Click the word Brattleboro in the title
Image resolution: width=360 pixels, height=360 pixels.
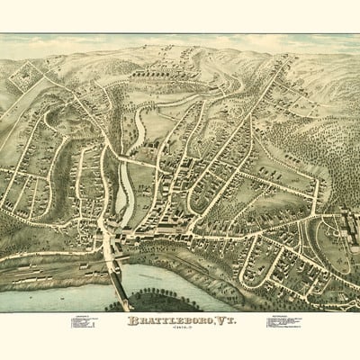coord(168,320)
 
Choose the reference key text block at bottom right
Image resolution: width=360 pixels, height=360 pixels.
coord(284,322)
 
